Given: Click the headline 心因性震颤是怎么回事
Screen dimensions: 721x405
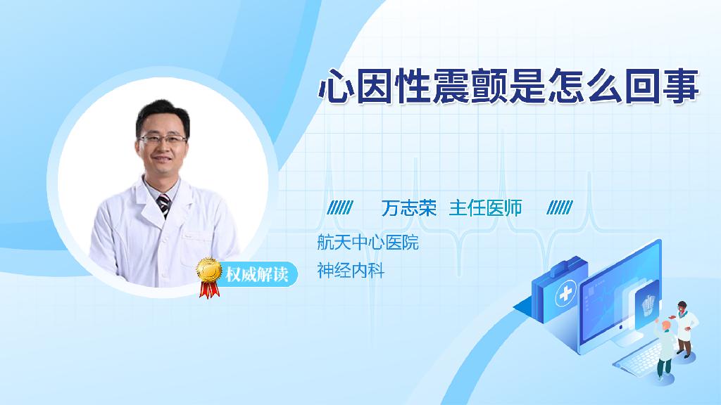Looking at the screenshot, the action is [509, 86].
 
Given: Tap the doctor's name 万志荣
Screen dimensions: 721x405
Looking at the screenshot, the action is [409, 208].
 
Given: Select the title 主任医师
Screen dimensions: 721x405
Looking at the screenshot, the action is [485, 208].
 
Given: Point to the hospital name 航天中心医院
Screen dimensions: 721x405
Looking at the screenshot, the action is [368, 243].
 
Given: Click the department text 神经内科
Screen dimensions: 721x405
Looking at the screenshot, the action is [351, 271].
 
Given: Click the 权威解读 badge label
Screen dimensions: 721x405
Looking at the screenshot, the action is [256, 275].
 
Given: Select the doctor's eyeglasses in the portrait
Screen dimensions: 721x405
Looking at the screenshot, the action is [163, 139].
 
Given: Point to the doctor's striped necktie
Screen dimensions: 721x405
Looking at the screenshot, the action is [163, 205].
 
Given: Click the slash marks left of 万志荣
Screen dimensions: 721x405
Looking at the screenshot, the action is [340, 207].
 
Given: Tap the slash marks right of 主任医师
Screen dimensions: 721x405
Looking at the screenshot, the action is [560, 207].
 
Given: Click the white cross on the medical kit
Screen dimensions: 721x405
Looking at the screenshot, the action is [566, 293].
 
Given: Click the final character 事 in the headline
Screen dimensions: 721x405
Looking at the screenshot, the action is [682, 86].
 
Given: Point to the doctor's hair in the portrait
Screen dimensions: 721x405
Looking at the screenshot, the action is [162, 115].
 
